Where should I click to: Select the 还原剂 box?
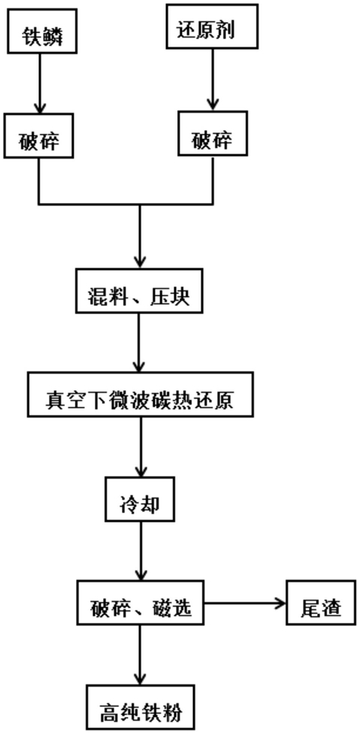click(212, 26)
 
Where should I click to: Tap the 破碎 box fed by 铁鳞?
click(39, 135)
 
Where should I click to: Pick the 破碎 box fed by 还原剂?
click(213, 133)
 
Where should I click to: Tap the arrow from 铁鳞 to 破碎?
click(39, 83)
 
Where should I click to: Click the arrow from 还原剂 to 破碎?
click(213, 80)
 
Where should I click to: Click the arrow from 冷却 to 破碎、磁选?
click(140, 551)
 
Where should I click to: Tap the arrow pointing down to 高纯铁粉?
click(140, 654)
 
